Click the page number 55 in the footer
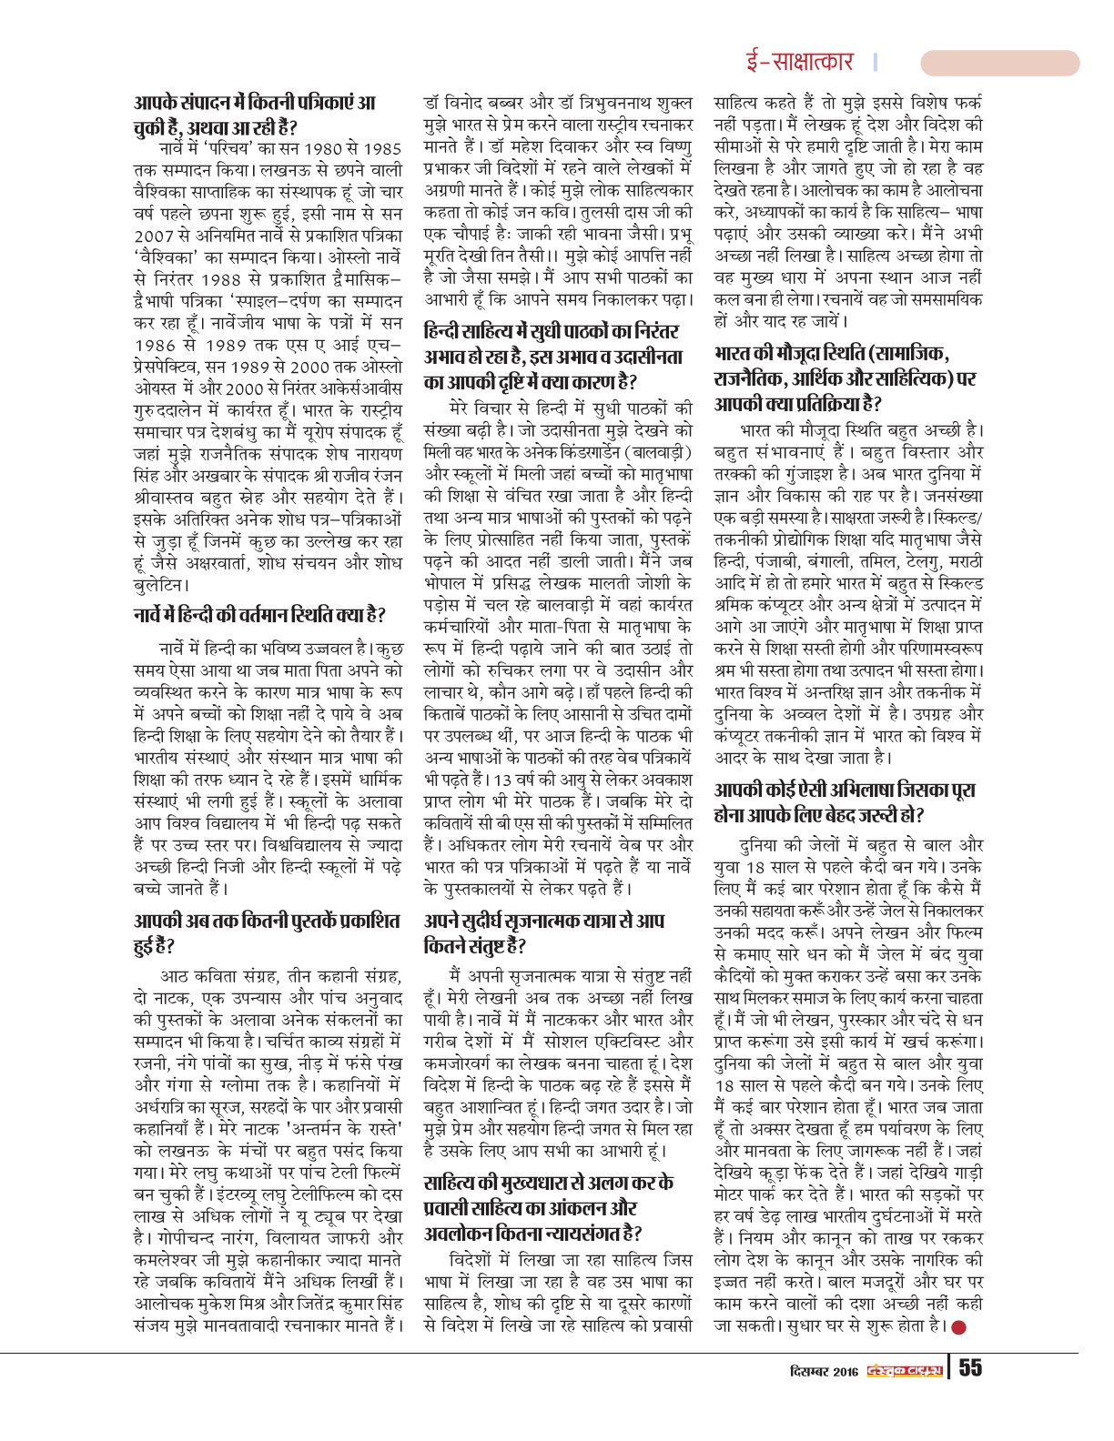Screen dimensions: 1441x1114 pos(969,1369)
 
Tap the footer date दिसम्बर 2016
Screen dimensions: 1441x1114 pos(824,1371)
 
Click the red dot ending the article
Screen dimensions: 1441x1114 pos(957,1326)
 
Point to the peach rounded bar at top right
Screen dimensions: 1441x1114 pos(999,63)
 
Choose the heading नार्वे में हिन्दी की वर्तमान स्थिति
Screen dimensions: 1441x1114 pos(258,616)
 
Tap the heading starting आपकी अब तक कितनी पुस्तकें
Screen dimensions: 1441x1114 pos(267,933)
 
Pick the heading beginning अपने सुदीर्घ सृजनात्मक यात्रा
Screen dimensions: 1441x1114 pos(544,933)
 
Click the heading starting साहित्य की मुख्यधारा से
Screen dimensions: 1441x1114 pos(549,1208)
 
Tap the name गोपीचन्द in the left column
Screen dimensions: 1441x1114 pos(194,1239)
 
